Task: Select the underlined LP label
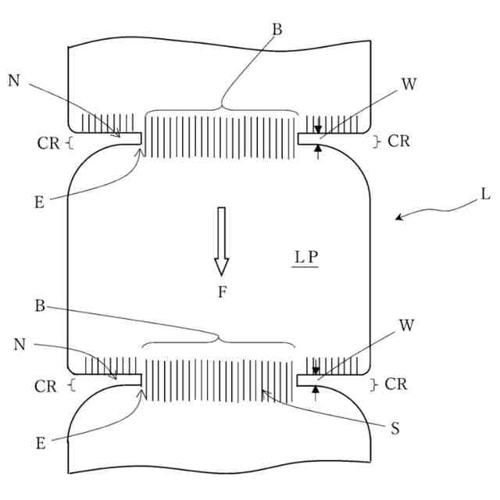tap(305, 257)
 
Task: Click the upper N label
tap(14, 80)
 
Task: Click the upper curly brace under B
tap(223, 109)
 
